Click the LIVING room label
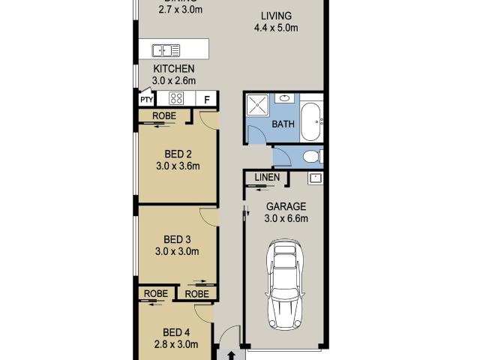click(276, 16)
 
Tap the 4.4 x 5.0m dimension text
click(276, 28)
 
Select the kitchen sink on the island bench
click(166, 51)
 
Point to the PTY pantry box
click(145, 99)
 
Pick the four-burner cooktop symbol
click(176, 98)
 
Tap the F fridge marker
click(207, 99)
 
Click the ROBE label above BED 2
click(164, 115)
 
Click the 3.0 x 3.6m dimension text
click(178, 167)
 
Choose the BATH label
click(283, 124)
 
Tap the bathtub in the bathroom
click(311, 118)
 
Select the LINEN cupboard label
click(267, 178)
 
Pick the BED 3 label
click(176, 240)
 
